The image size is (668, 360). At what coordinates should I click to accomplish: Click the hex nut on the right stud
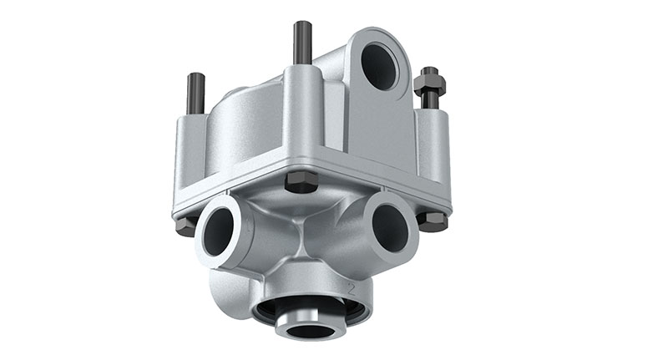(x=430, y=84)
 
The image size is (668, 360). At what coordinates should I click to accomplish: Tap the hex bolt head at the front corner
(x=301, y=181)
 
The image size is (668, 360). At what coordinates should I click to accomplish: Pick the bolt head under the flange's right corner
(x=432, y=221)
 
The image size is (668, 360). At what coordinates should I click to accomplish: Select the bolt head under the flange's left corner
(x=186, y=226)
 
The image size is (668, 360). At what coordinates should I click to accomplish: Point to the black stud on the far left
(x=195, y=94)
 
